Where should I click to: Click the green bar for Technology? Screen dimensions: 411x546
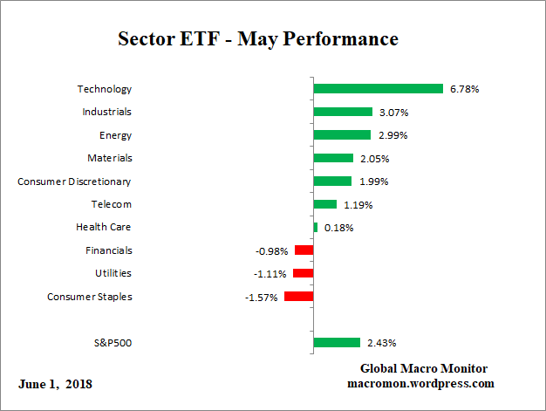[379, 89]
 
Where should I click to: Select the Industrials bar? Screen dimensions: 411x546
[343, 112]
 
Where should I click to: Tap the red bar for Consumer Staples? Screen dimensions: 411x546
[298, 297]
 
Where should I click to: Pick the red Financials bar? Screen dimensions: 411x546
[304, 250]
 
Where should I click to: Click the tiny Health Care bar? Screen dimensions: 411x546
[316, 228]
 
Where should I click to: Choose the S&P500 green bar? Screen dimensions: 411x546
[337, 343]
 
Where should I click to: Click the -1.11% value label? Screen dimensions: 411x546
[271, 274]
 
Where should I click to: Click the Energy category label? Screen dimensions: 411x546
[116, 135]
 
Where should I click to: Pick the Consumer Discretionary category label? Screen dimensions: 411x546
[75, 182]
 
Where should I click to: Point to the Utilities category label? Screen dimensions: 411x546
[113, 274]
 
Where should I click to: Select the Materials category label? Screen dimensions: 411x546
[110, 158]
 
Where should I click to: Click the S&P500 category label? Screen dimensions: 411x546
[113, 343]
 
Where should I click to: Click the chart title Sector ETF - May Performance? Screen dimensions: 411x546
[257, 40]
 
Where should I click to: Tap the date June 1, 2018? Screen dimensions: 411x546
[55, 384]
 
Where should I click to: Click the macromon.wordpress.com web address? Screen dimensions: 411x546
[420, 383]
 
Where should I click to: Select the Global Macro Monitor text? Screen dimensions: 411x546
[424, 368]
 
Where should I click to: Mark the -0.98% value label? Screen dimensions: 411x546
[272, 251]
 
